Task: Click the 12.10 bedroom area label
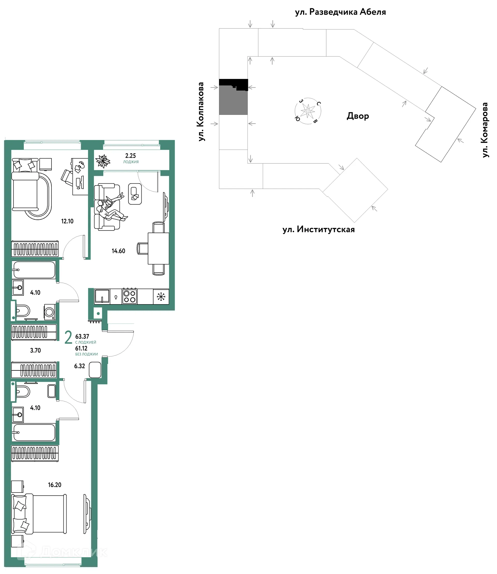[67, 221]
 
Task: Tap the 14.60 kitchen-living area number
[119, 251]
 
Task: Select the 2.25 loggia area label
[131, 156]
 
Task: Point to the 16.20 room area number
[55, 485]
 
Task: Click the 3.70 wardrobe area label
[35, 350]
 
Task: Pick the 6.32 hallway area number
[80, 366]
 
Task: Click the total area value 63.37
[82, 337]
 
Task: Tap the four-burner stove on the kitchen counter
[129, 296]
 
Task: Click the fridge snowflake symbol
[161, 296]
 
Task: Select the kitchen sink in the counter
[102, 296]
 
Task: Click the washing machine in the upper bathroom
[50, 312]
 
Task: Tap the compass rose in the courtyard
[308, 111]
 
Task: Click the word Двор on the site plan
[358, 116]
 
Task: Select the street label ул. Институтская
[319, 229]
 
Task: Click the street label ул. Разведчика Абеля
[340, 12]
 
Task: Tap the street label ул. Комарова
[485, 130]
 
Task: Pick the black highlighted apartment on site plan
[233, 84]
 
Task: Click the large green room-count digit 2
[68, 337]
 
